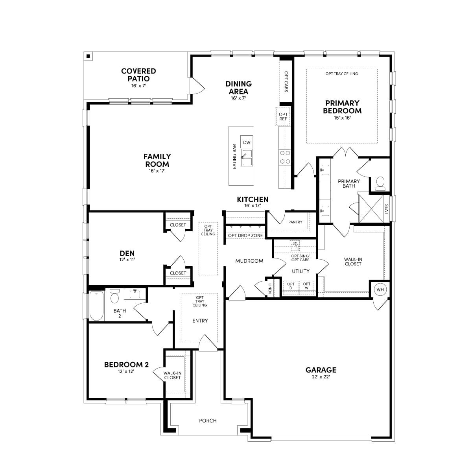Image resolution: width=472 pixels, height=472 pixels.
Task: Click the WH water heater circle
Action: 380,289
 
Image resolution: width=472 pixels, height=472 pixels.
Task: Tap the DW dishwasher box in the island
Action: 246,142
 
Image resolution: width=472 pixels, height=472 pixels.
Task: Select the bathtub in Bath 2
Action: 96,306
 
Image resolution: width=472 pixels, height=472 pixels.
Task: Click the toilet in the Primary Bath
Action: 380,183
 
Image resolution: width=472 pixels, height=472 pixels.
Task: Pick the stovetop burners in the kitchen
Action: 285,157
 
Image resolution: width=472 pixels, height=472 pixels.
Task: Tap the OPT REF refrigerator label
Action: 283,116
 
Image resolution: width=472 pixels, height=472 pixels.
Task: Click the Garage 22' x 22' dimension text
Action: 321,377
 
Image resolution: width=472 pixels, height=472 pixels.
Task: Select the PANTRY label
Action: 295,222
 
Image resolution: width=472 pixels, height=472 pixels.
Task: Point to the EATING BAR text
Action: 234,157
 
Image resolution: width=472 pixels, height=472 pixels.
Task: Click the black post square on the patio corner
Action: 88,56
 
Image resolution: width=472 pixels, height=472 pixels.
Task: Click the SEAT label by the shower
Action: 387,209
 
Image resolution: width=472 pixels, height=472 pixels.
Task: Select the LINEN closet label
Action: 270,288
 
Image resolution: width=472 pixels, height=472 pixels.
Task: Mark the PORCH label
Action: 208,420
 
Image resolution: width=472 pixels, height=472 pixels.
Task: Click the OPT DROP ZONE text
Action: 245,235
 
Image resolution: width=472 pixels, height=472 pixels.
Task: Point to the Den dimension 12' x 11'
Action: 127,259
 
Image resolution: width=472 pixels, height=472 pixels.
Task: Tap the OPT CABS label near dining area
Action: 286,81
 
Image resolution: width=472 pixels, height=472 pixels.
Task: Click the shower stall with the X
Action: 371,209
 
